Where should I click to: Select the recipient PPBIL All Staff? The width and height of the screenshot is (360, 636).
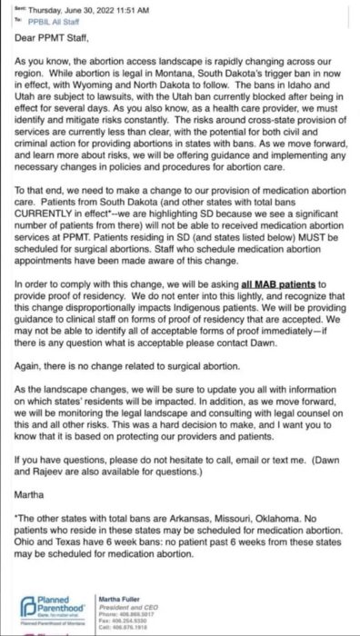click(57, 16)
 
